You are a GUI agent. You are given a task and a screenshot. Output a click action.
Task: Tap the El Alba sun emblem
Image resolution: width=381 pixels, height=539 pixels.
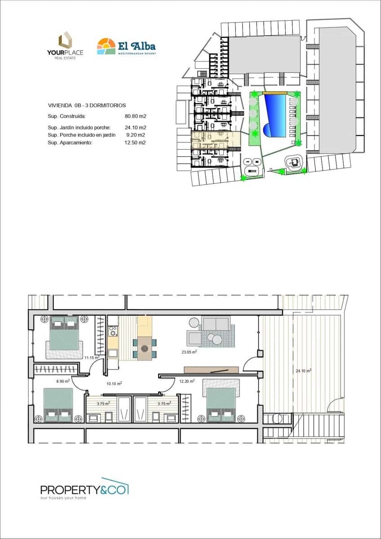tap(106, 46)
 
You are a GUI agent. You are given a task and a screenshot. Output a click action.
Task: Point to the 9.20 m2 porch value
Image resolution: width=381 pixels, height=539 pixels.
tap(136, 135)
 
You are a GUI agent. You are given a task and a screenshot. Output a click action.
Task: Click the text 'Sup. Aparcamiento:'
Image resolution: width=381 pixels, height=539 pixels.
tap(70, 142)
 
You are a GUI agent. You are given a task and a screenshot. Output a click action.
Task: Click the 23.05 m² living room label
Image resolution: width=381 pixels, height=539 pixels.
tap(189, 353)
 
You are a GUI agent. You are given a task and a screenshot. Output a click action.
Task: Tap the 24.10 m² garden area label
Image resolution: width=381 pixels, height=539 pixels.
tap(304, 371)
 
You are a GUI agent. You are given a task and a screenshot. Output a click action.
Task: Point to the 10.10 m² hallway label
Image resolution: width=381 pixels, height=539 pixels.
tap(114, 384)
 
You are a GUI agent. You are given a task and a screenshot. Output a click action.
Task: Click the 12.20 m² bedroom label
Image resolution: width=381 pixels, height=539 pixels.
tap(186, 381)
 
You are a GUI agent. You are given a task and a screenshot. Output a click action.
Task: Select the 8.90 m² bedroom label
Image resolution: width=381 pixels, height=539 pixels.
tap(63, 381)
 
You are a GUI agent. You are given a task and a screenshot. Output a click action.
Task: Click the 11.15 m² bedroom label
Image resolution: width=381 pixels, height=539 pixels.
tap(91, 358)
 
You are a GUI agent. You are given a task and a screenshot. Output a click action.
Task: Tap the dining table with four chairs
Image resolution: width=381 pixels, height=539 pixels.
tap(145, 348)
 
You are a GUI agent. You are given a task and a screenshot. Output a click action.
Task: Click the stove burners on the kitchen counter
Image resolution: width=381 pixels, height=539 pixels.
tap(113, 331)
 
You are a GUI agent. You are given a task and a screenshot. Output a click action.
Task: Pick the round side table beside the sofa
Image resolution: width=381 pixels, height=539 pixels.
tap(194, 322)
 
